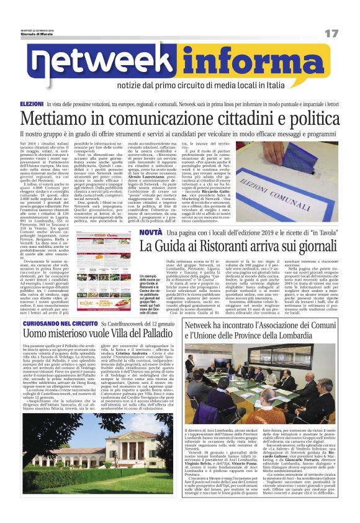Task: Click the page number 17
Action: click(x=331, y=32)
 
